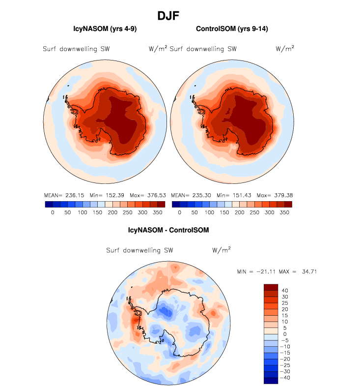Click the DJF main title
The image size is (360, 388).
pyautogui.click(x=168, y=16)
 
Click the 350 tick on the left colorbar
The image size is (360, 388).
pyautogui.click(x=157, y=212)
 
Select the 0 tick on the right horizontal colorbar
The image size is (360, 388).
pyautogui.click(x=180, y=212)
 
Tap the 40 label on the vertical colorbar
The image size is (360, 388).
pyautogui.click(x=285, y=290)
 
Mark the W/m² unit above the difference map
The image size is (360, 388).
pyautogui.click(x=222, y=250)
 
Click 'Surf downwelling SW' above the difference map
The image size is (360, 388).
pyautogui.click(x=139, y=250)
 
